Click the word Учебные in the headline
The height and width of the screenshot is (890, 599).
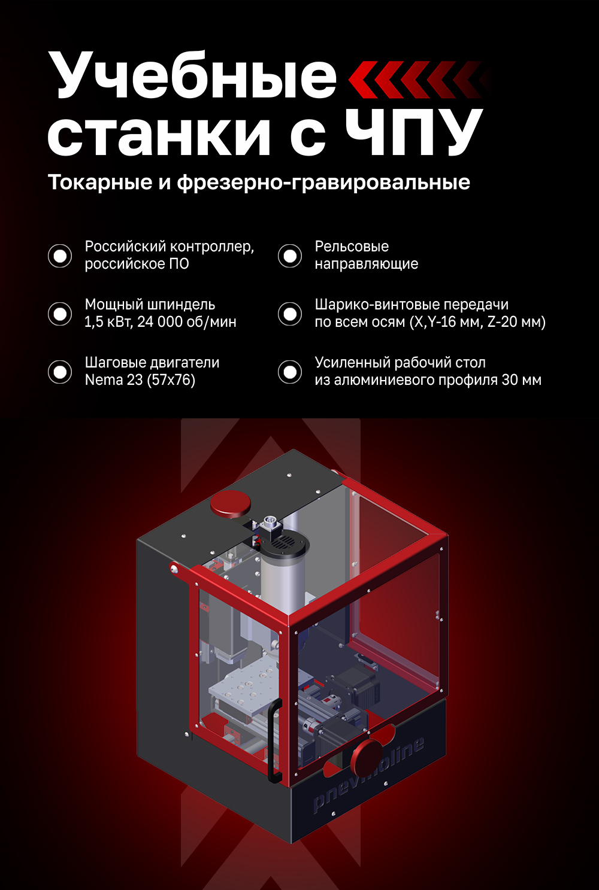click(192, 77)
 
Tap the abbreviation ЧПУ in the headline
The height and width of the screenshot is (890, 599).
click(414, 133)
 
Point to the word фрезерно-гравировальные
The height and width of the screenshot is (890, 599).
click(323, 183)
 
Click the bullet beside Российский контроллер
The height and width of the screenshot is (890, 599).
click(60, 256)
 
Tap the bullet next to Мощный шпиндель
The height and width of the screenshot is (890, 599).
click(60, 314)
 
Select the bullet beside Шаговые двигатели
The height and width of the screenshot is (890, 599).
click(60, 372)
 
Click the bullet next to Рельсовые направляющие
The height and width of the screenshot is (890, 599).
click(290, 256)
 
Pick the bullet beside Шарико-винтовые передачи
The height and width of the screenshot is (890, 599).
click(290, 314)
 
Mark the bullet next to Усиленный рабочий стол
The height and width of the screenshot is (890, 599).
click(290, 372)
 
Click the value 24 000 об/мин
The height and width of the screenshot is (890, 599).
click(186, 322)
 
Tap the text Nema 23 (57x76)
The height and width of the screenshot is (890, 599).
click(140, 380)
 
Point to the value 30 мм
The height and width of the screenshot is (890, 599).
click(522, 380)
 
